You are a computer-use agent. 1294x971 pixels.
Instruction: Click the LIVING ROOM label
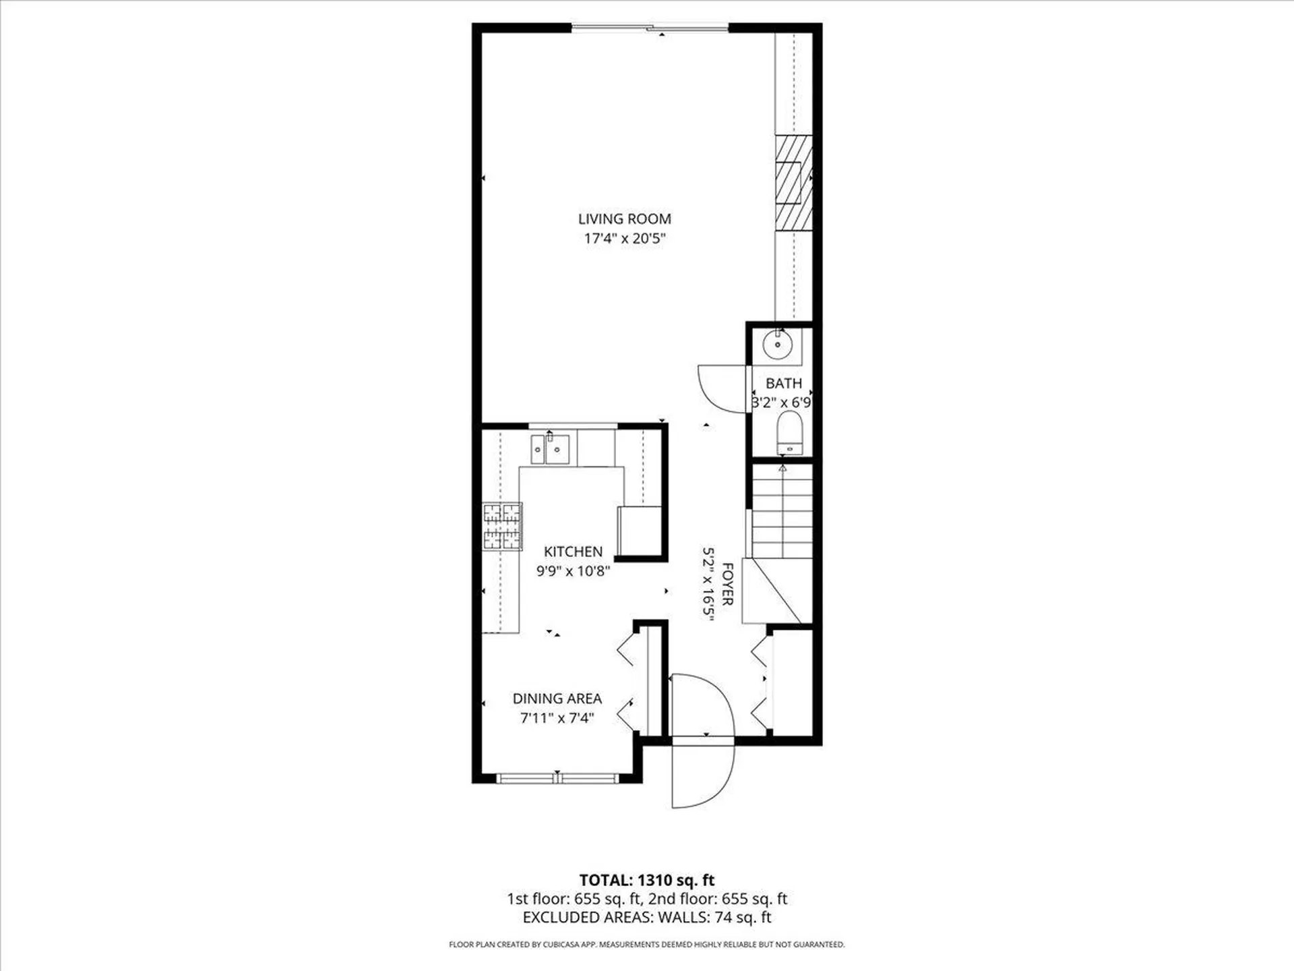point(624,218)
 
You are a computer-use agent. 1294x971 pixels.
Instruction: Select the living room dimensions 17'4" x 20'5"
point(624,238)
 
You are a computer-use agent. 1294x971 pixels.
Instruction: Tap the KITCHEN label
point(573,552)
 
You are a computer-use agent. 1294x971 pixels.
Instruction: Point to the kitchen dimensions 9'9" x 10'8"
point(573,571)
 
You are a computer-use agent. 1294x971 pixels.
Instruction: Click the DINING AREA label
point(557,699)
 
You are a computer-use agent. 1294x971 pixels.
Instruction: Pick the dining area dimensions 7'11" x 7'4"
point(557,718)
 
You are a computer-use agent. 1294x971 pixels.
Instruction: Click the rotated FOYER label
point(727,584)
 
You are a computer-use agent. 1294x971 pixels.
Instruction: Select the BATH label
point(783,383)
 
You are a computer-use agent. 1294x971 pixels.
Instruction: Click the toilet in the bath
point(789,434)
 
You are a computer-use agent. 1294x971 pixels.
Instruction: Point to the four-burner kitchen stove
point(502,526)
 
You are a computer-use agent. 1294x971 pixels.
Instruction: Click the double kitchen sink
point(550,450)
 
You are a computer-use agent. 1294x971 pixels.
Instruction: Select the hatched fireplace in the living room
point(793,183)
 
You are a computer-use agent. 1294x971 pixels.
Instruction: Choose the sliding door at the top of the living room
point(650,28)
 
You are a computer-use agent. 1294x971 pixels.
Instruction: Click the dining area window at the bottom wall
point(557,779)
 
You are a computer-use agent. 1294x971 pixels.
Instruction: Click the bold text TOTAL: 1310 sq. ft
point(646,880)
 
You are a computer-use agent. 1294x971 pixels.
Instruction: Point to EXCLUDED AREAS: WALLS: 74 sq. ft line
point(646,917)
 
